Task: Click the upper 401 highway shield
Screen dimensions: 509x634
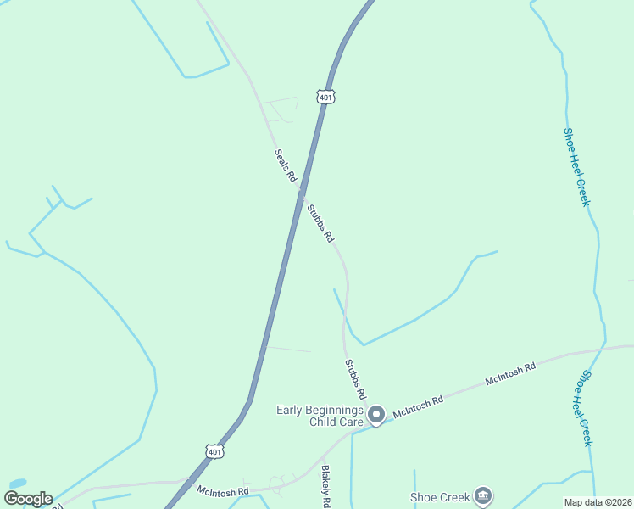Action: (327, 98)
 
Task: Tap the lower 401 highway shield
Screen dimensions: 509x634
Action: (215, 452)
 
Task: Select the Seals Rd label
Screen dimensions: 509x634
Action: (285, 166)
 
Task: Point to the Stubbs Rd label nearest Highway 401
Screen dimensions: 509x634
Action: (320, 223)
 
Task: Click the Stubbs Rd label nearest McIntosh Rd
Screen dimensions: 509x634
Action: (355, 379)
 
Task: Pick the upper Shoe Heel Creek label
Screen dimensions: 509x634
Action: (576, 167)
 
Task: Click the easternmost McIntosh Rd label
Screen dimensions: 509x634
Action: (511, 375)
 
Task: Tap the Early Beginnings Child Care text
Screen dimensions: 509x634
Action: (320, 416)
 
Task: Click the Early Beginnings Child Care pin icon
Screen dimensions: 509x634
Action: (376, 415)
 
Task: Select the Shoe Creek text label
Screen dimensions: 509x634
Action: (439, 497)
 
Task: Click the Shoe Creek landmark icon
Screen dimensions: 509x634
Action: (482, 495)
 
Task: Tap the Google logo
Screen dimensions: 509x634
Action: (28, 499)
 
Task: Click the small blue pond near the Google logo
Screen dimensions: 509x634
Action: (17, 484)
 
